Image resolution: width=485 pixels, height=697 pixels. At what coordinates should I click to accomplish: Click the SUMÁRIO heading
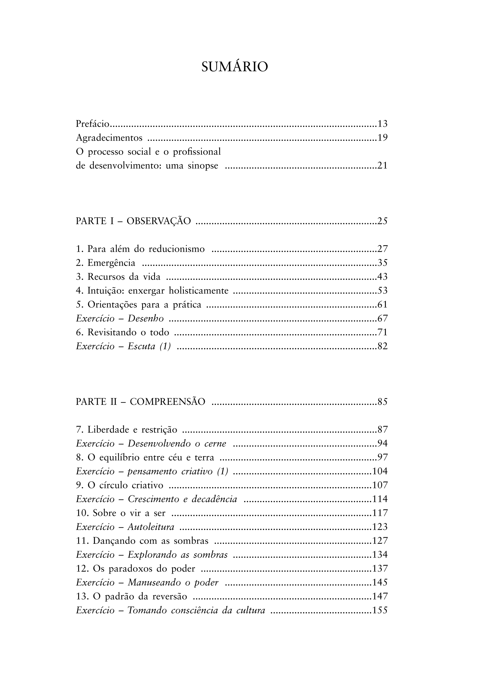pos(234,67)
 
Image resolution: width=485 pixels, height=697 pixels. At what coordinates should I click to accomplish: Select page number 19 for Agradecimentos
pos(382,138)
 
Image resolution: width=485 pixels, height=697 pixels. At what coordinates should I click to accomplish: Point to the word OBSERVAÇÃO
pos(158,221)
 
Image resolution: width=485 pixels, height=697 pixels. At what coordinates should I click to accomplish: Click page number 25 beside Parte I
pos(382,221)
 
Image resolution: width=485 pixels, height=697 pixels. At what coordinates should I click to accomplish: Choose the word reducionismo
pos(176,249)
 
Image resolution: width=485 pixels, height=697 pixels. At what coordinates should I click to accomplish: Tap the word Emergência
pos(111,263)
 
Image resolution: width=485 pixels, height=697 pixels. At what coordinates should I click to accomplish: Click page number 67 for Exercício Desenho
pos(382,319)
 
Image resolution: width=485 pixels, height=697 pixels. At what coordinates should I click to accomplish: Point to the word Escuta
pos(141,346)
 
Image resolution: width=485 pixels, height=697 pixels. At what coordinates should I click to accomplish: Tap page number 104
pos(380,472)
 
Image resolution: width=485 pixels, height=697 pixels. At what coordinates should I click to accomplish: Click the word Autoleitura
pos(151,527)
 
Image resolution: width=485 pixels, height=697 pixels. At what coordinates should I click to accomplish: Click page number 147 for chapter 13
pos(380,596)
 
